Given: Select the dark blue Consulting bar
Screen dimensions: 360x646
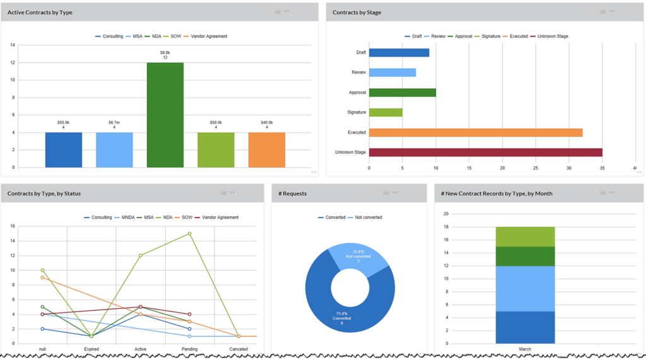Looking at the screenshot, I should (x=63, y=149).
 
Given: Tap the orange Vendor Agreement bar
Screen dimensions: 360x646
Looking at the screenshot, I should (x=266, y=149).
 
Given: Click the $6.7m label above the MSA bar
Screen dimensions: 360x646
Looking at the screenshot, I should (x=114, y=122).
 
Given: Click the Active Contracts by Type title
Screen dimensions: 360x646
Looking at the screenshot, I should (x=40, y=12).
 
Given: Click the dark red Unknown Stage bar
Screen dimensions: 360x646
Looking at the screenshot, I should (x=485, y=152).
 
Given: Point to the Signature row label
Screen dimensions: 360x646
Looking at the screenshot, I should (x=357, y=112).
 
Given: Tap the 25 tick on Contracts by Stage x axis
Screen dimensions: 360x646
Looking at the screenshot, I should (x=536, y=168).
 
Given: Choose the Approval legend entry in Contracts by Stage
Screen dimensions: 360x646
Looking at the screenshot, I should (x=463, y=37).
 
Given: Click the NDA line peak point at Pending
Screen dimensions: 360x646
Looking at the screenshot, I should (x=189, y=234).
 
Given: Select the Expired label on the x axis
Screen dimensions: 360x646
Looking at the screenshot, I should (x=91, y=349).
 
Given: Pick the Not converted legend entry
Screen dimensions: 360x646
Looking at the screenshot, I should (x=367, y=218).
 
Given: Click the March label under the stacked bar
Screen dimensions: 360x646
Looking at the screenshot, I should (x=525, y=349).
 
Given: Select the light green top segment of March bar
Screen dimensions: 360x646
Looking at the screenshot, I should (x=525, y=236).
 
